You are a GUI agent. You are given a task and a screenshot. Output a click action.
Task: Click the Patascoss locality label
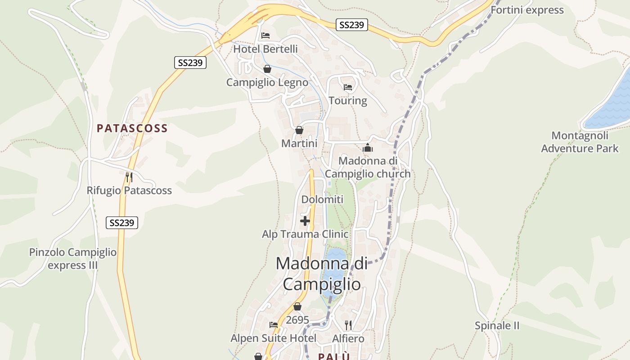point(132,128)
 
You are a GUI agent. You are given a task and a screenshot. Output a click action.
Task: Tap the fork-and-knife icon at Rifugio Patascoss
point(129,177)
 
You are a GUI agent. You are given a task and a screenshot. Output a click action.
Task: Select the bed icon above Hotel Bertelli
point(265,36)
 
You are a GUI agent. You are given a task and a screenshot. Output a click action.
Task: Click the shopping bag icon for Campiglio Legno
point(267,69)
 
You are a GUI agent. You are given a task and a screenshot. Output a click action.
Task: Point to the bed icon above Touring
point(347,87)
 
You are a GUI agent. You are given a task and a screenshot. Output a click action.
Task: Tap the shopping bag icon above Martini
point(299,130)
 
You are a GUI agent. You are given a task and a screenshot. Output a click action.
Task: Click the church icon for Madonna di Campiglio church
point(368,148)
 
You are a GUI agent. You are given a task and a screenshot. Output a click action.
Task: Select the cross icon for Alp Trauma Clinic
point(305,221)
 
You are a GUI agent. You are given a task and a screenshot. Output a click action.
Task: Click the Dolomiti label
point(322,199)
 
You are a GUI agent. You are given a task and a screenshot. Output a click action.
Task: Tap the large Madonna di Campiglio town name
point(322,274)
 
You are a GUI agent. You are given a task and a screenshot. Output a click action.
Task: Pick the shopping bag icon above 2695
point(297,307)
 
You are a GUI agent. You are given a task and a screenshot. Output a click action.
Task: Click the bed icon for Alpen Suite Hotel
point(274,325)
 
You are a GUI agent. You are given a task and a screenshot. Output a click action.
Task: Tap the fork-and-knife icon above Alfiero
point(348,325)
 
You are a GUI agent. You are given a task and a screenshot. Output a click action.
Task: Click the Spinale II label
point(497,326)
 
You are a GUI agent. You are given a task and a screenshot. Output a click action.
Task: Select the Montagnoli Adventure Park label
point(580,142)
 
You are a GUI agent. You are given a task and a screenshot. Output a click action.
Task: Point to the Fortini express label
point(527,10)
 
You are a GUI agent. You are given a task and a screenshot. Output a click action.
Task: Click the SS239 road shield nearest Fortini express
point(352,25)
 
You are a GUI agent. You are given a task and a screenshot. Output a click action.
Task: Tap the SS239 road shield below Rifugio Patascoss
point(122,222)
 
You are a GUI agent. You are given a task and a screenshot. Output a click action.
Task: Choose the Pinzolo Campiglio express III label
point(73,259)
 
